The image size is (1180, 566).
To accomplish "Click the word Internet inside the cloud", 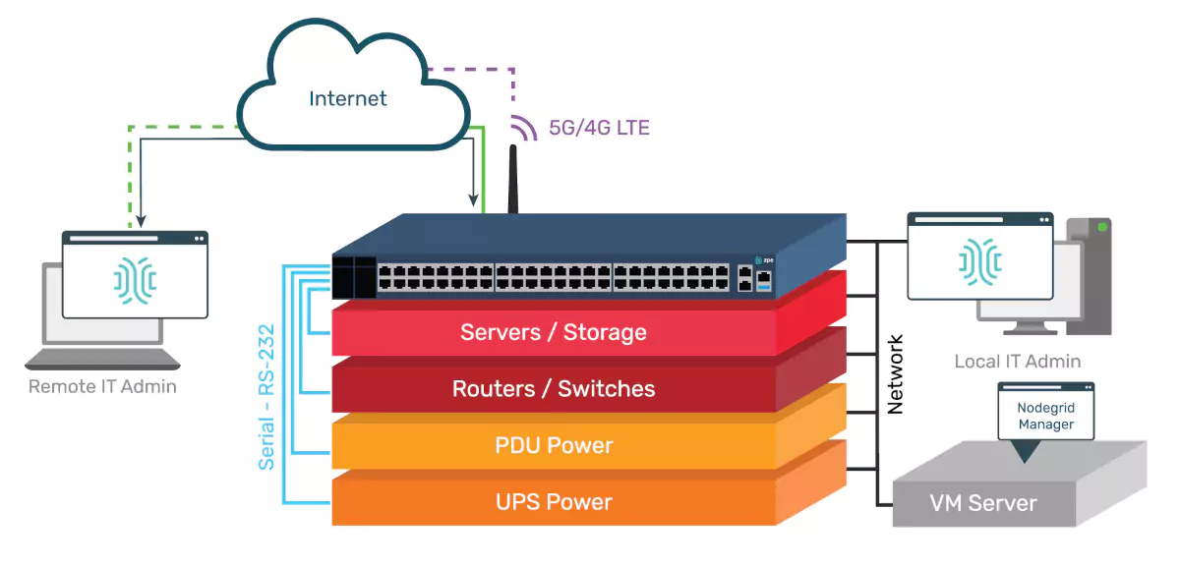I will coord(347,98).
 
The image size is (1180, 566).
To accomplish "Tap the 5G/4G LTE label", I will coord(599,128).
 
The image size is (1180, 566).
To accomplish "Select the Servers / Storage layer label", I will coord(554,332).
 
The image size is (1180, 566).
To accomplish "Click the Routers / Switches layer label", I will coord(554,389).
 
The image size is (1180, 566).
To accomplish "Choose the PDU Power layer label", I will coord(554,445).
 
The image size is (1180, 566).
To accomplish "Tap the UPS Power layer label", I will coord(554,502).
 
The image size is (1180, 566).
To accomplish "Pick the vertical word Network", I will coord(895,373).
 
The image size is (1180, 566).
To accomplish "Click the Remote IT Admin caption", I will coord(102,386).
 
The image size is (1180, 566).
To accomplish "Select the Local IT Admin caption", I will coord(1017,362).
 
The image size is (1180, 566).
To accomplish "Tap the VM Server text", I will coord(983,504).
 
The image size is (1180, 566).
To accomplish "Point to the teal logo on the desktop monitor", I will coord(980,259).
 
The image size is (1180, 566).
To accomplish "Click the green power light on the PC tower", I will coord(1102,227).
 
